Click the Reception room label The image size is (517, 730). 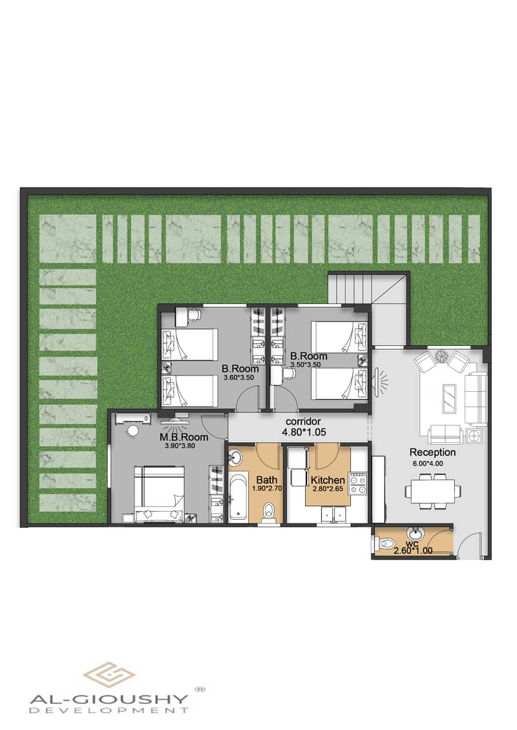[432, 452]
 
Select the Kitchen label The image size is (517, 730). [328, 480]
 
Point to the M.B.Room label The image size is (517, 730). [184, 437]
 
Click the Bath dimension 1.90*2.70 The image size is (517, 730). [268, 489]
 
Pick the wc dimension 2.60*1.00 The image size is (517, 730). [413, 551]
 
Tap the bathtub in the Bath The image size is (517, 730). [238, 495]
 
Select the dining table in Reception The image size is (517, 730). [433, 491]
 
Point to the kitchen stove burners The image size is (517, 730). [357, 483]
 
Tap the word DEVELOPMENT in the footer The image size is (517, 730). [110, 710]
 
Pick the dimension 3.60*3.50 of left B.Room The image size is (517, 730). [240, 378]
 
